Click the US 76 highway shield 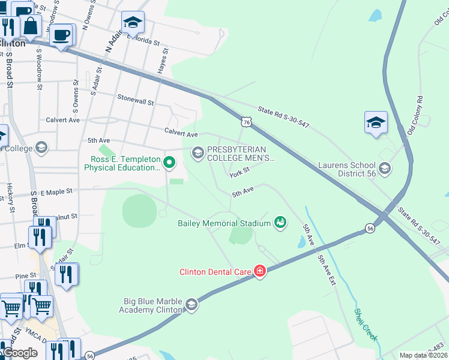tap(247, 122)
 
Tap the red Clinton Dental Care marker tap(259, 272)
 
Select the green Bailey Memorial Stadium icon tap(280, 223)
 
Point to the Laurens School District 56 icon tap(385, 169)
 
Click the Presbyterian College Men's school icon tap(197, 154)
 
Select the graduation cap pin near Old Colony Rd tap(376, 123)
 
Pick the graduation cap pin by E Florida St tap(133, 23)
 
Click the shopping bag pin tap(31, 26)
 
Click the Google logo tap(20, 353)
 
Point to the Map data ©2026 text tap(423, 355)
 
